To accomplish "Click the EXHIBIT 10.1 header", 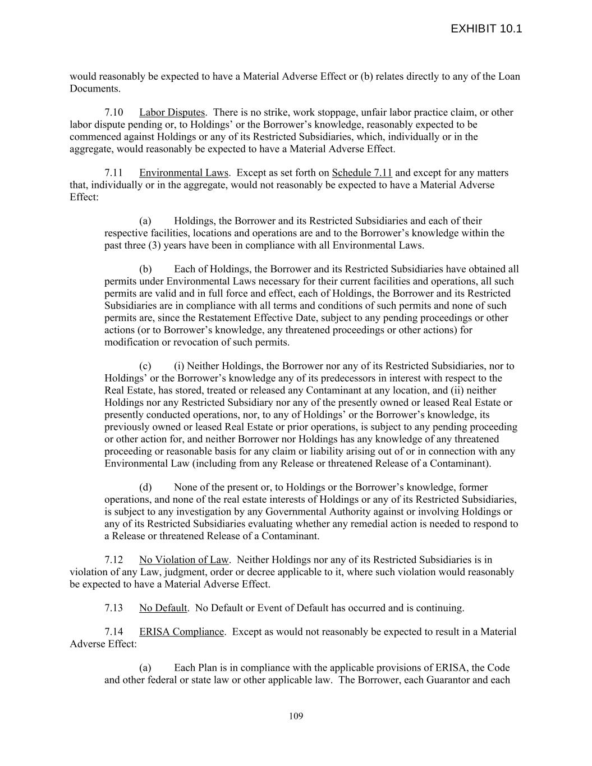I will pos(486,29).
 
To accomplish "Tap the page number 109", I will pos(296,716).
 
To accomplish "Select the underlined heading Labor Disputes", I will pos(172,112).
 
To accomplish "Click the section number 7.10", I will pos(114,112).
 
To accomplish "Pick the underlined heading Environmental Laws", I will pos(183,173).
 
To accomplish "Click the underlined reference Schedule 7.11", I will pos(362,173).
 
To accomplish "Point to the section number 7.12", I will pos(114,559).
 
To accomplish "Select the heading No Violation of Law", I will pos(183,559).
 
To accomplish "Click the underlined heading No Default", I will pos(163,608).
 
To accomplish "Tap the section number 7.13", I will pos(114,608).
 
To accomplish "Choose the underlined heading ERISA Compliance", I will pos(181,632).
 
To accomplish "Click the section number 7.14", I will pos(114,632).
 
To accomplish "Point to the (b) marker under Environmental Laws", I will pos(145,269).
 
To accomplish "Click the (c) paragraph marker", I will pos(145,366).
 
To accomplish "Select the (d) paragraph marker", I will pos(145,487).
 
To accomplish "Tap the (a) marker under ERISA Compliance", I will pos(145,668).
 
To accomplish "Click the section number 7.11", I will pos(114,173).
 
